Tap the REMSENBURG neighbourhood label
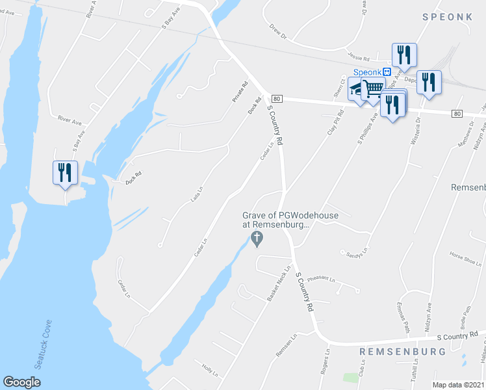pos(402,352)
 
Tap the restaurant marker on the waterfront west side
pos(64,173)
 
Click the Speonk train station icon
pos(387,72)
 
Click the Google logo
pos(21,382)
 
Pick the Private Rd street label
pos(240,92)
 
